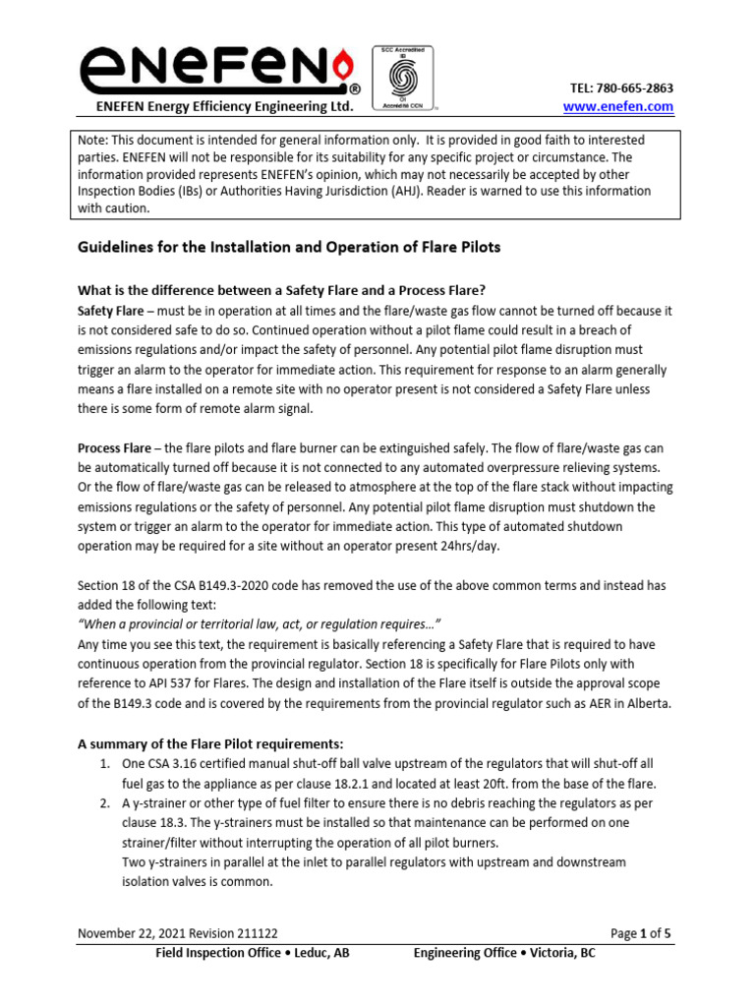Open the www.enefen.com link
pyautogui.click(x=616, y=106)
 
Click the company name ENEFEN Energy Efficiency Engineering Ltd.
pyautogui.click(x=222, y=106)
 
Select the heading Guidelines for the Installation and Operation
pyautogui.click(x=289, y=247)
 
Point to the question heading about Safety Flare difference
pyautogui.click(x=282, y=289)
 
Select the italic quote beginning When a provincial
pyautogui.click(x=260, y=624)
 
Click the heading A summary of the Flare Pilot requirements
pyautogui.click(x=210, y=742)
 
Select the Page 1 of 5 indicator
pyautogui.click(x=640, y=934)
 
